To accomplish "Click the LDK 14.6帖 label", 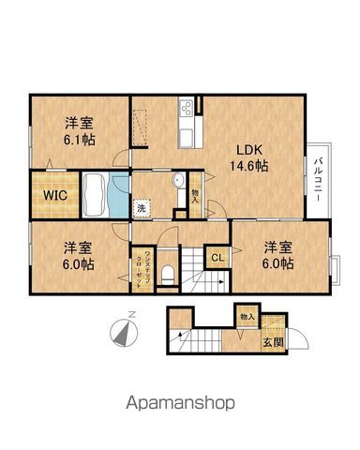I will [246, 156].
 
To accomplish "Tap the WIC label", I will [49, 196].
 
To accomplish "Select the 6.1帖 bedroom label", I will [77, 130].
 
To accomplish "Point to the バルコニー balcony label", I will [318, 174].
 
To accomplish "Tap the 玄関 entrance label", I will [270, 341].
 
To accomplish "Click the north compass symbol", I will [125, 331].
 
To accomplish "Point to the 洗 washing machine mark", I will [140, 207].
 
